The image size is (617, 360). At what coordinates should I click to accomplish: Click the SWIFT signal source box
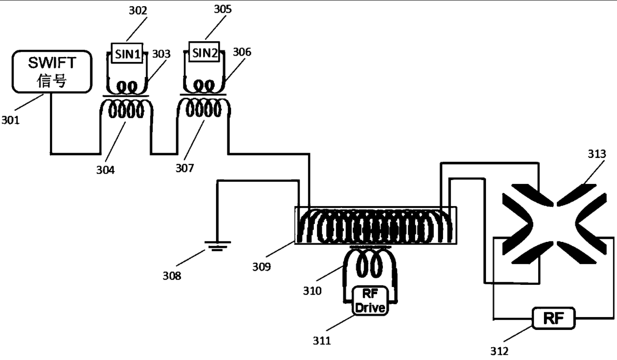coord(52,72)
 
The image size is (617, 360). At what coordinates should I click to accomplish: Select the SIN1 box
coord(127,54)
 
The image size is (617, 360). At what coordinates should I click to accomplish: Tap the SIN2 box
coord(204,52)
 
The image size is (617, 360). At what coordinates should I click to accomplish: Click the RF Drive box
coord(370,301)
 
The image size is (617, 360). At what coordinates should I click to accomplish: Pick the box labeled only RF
coord(554,318)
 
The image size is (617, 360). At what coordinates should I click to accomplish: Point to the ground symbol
coord(218,246)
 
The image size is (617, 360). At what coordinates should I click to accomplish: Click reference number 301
coord(11,120)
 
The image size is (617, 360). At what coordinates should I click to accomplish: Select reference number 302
coord(138,11)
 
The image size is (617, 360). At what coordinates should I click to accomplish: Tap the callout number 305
coord(223,9)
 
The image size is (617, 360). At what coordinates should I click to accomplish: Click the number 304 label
coord(105,170)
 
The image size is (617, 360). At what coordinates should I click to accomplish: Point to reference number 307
coord(185,168)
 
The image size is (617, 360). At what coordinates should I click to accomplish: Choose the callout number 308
coord(172,276)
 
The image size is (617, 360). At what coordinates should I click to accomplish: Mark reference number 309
coord(262,267)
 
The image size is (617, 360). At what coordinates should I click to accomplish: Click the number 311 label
coord(322,341)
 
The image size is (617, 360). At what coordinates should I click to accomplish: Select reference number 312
coord(499,351)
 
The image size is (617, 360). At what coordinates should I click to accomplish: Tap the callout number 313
coord(597,154)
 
